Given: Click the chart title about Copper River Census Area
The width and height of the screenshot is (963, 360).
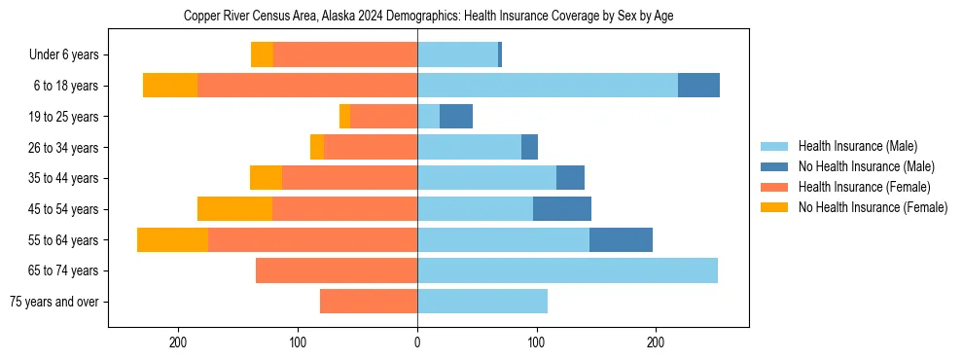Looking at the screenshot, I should pyautogui.click(x=428, y=17).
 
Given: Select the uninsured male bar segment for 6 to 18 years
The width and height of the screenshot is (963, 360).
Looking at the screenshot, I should pyautogui.click(x=698, y=86).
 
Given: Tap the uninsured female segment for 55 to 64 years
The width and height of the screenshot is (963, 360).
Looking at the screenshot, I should pyautogui.click(x=172, y=240).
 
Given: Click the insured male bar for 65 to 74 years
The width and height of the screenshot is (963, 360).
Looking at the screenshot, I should pyautogui.click(x=567, y=270).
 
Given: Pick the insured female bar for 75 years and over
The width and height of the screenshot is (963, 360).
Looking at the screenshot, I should pyautogui.click(x=369, y=302).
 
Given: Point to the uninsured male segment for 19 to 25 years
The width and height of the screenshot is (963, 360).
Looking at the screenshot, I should pyautogui.click(x=456, y=117).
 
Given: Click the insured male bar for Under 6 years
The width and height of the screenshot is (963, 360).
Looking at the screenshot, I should pyautogui.click(x=457, y=54).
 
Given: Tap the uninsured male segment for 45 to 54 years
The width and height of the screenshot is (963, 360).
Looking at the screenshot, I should pyautogui.click(x=562, y=209).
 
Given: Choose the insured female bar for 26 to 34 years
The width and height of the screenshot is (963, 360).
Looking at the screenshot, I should pyautogui.click(x=371, y=147).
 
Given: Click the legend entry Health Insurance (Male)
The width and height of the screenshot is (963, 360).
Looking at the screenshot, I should pyautogui.click(x=857, y=146).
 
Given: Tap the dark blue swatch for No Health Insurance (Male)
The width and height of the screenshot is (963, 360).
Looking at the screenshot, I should pyautogui.click(x=774, y=166).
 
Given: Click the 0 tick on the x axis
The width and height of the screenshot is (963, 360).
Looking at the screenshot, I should pyautogui.click(x=417, y=342).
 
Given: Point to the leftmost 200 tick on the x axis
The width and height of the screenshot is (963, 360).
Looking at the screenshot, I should pyautogui.click(x=178, y=342).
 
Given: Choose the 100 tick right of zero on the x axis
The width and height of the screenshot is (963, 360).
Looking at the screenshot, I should pyautogui.click(x=536, y=342).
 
